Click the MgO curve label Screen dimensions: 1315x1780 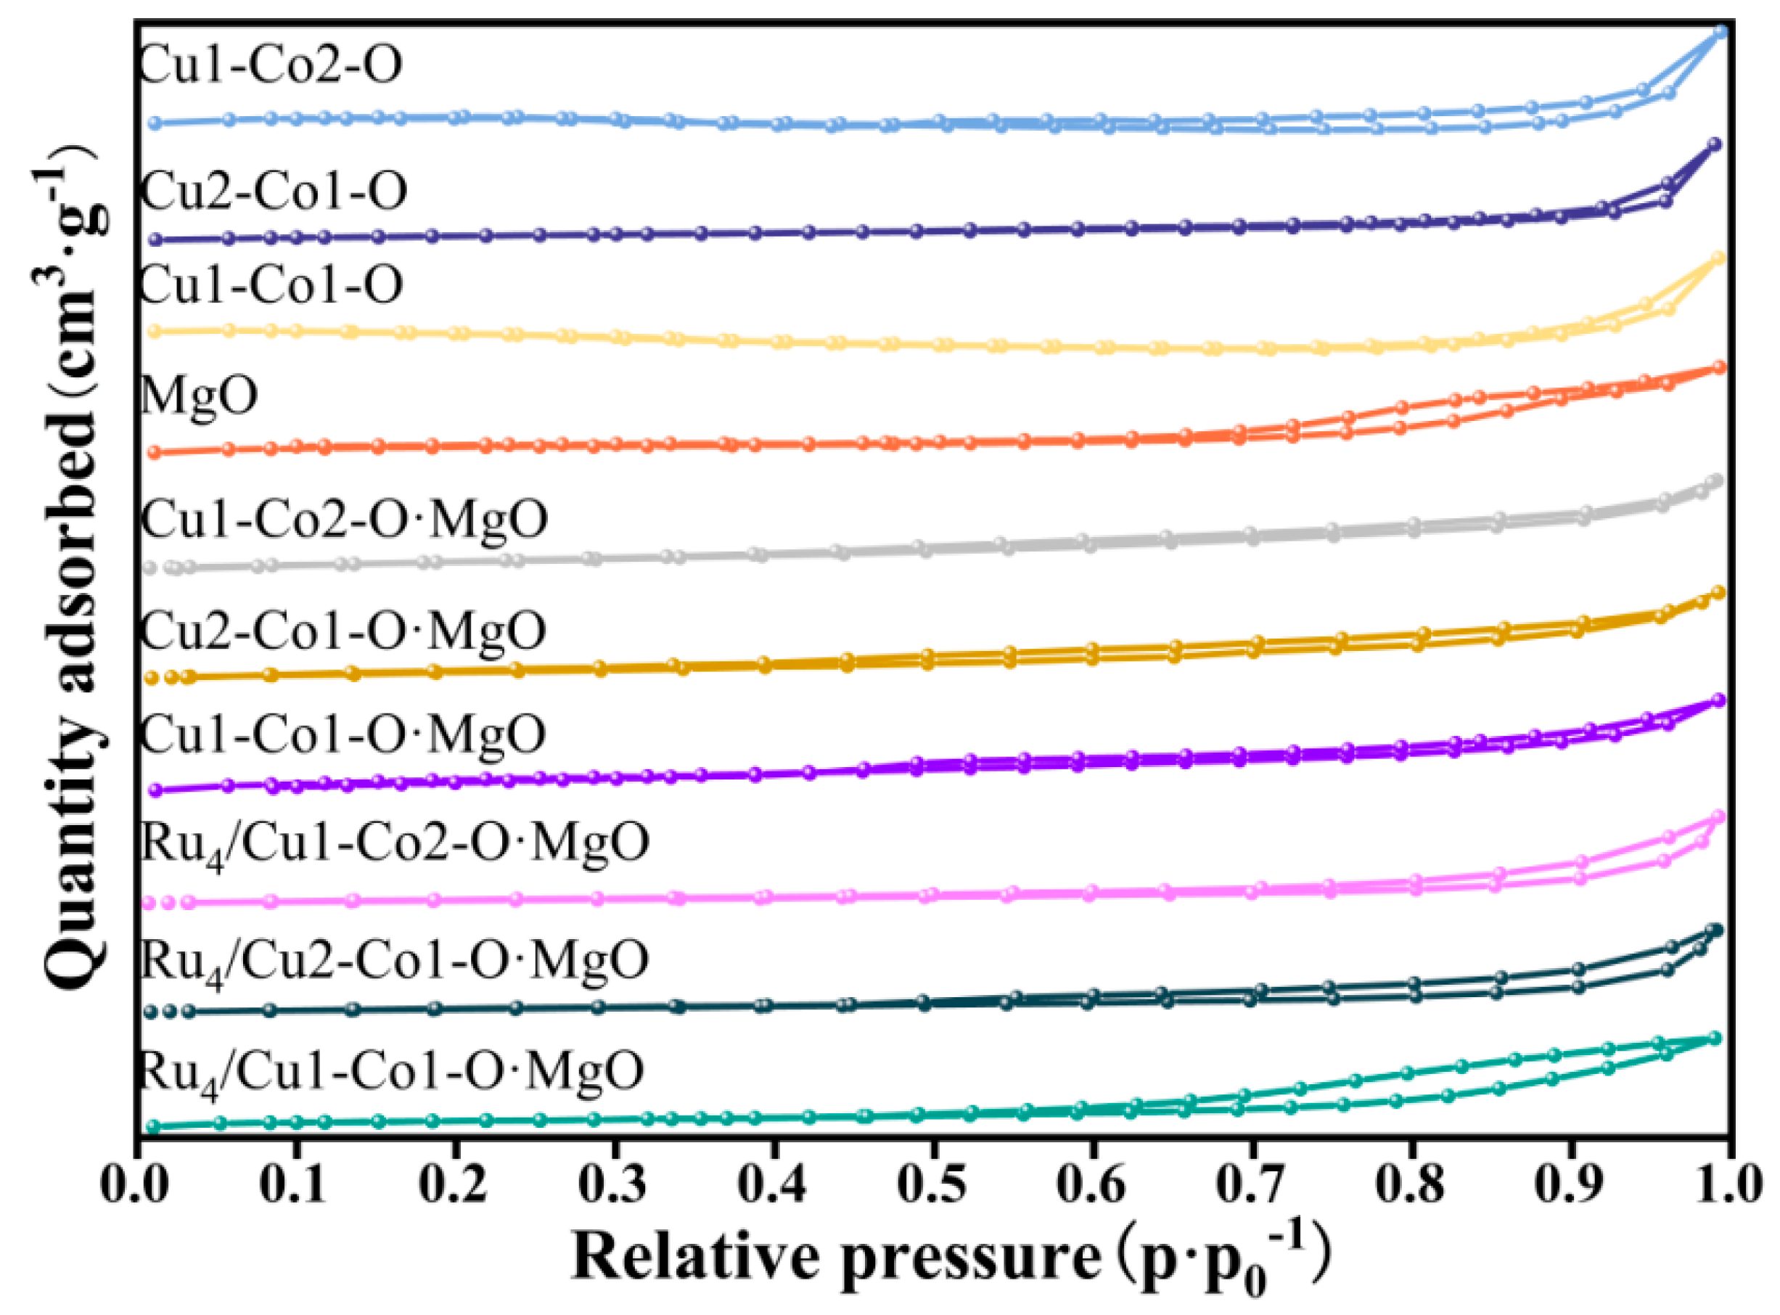[x=199, y=396]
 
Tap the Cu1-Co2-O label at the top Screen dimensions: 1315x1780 [x=271, y=65]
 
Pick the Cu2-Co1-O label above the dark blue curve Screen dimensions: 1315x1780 [x=273, y=191]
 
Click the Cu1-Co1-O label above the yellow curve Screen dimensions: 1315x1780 [x=271, y=285]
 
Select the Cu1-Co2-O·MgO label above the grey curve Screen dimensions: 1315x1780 [x=344, y=519]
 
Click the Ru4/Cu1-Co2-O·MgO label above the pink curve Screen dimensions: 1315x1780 [x=395, y=844]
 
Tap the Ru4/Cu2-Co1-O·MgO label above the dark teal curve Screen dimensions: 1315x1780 [x=395, y=961]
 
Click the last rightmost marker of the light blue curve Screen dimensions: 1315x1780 [x=1720, y=33]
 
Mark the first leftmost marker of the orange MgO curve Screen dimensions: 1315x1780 [x=155, y=452]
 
